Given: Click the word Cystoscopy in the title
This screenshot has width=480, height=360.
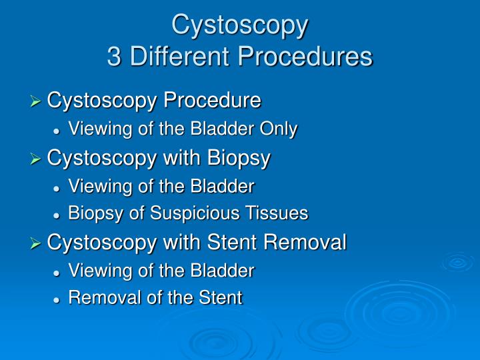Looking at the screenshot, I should point(240,25).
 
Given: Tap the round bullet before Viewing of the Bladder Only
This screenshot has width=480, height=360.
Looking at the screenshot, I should point(58,130).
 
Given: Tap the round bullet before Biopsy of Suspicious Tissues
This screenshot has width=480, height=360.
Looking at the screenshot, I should point(58,214).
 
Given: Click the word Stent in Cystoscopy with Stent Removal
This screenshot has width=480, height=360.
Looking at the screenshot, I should point(236,242).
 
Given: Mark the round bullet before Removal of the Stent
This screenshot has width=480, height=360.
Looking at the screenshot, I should point(58,298).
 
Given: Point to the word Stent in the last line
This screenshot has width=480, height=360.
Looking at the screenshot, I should point(223,297).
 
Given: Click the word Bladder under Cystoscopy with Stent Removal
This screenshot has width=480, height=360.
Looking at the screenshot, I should point(226,271).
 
